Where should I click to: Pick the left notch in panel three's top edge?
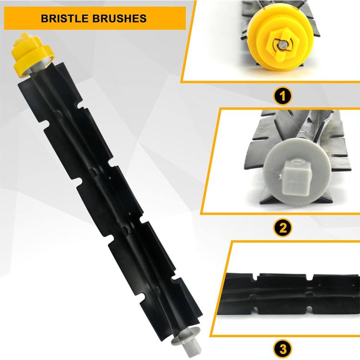255,276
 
